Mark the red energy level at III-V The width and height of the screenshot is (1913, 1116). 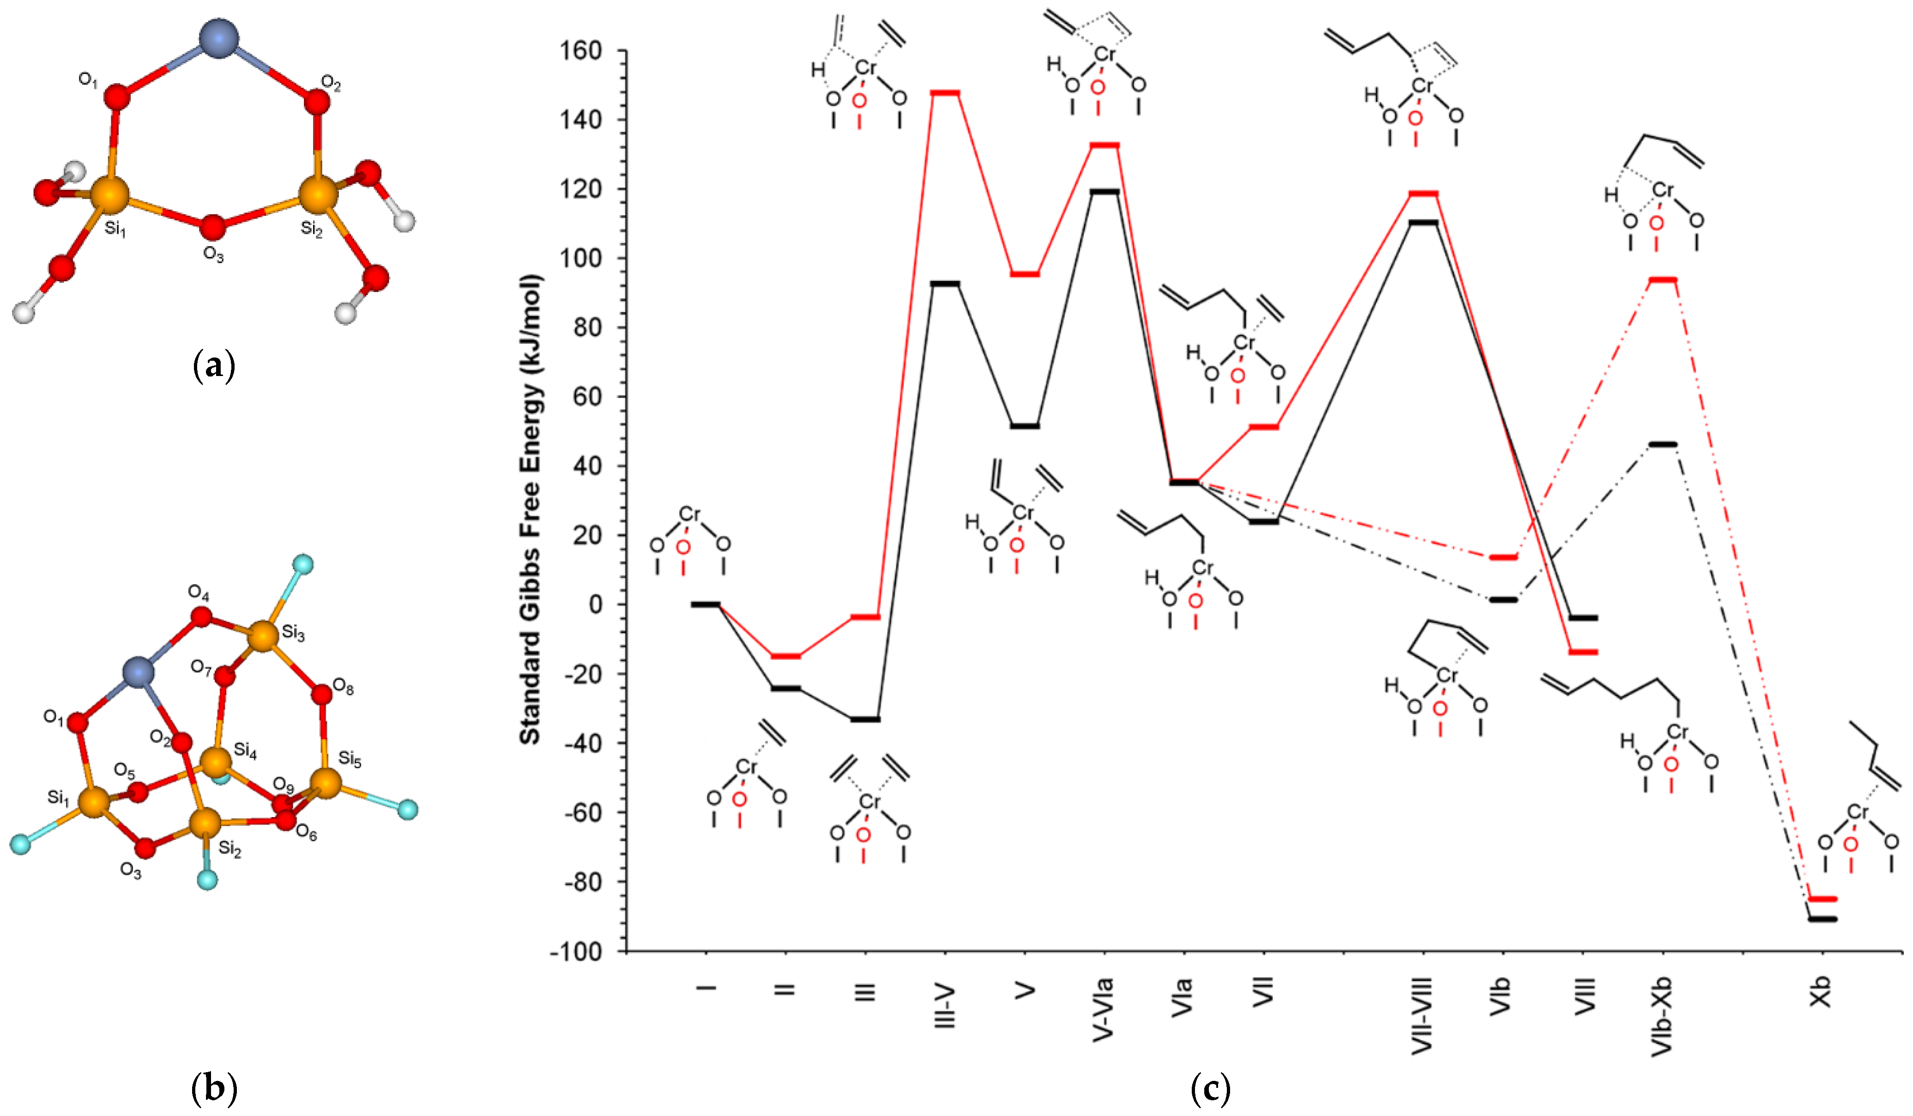[945, 93]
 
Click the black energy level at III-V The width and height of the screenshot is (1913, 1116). [945, 283]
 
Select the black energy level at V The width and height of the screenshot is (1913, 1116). [1025, 426]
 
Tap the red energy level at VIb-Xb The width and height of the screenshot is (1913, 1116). [1662, 280]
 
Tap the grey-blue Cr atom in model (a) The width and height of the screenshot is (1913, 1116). [218, 37]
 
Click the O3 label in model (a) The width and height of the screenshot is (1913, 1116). [213, 255]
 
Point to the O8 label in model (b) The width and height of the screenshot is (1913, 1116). [344, 689]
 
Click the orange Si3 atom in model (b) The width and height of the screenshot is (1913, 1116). [263, 636]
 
